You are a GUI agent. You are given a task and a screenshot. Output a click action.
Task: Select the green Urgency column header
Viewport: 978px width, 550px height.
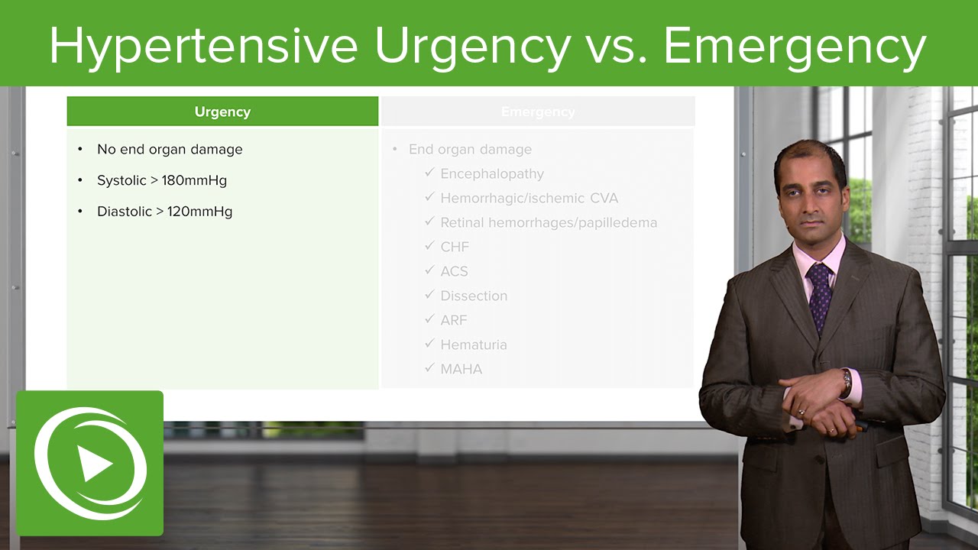(x=222, y=112)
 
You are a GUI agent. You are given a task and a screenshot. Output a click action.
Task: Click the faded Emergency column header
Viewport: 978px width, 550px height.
(x=538, y=112)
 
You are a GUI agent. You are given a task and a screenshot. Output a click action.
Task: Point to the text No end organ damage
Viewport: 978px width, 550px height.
(x=170, y=150)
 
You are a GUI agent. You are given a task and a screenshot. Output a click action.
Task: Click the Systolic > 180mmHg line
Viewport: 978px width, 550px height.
(x=162, y=181)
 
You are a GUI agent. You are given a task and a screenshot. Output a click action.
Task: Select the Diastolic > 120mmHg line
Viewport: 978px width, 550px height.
(x=164, y=212)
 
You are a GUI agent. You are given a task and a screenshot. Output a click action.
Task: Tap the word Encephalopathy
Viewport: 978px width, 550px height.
(x=492, y=174)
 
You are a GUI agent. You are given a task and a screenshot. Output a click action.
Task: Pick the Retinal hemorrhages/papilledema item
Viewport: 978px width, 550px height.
(x=549, y=223)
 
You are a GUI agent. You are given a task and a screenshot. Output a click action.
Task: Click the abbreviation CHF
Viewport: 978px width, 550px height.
(x=455, y=247)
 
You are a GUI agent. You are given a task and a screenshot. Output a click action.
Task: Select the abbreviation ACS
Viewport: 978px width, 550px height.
(x=454, y=272)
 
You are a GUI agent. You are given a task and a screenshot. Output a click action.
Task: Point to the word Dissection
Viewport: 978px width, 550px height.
(x=474, y=296)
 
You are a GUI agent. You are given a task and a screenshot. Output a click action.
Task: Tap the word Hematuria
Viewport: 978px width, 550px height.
(x=474, y=345)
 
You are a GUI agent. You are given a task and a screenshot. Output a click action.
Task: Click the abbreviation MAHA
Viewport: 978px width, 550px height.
(x=461, y=370)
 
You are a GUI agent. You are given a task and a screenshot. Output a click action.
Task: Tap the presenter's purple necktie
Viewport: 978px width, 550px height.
(x=820, y=294)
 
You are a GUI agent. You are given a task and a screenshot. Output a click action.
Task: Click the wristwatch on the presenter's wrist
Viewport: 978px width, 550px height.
(x=847, y=382)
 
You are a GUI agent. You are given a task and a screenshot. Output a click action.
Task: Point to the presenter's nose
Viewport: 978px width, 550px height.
(x=811, y=207)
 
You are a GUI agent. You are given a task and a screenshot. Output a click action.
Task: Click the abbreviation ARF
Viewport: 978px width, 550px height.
(x=454, y=321)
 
